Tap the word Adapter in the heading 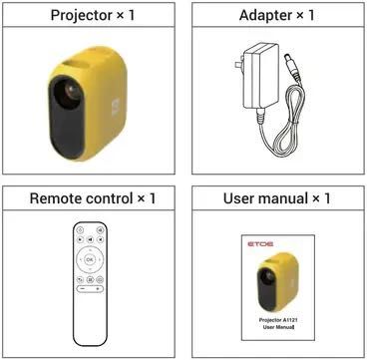(x=256, y=16)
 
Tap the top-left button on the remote (x=81, y=230)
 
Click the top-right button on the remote (x=101, y=230)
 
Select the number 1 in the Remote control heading (x=152, y=197)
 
